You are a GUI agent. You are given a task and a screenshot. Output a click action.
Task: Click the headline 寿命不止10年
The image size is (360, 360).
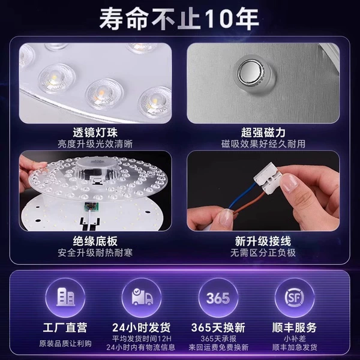coord(179,19)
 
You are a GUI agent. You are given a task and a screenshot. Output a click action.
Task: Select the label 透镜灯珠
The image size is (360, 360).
coord(95,132)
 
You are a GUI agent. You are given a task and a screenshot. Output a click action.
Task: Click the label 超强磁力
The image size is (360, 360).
coord(263,132)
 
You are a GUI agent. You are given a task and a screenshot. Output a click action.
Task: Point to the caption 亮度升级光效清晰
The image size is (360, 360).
coord(95,144)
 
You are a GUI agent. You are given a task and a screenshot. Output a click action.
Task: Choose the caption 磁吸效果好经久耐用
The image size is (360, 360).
coord(263,144)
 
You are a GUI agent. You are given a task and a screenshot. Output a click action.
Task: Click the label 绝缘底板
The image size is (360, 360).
coord(95,241)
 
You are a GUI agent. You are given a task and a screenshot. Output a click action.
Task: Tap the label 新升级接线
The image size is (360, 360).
coord(263,241)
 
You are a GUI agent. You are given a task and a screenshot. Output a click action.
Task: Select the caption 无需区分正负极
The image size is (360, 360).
coord(263,253)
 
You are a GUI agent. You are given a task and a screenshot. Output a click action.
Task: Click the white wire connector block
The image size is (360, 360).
coord(268,178)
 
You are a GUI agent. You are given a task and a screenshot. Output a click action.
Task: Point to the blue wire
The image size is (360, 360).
coord(243,196)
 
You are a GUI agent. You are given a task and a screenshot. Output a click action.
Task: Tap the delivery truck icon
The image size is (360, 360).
coord(142,297)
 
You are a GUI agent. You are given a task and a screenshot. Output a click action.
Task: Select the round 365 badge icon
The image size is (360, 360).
coord(218,298)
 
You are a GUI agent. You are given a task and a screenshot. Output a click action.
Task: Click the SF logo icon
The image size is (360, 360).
coord(295,298)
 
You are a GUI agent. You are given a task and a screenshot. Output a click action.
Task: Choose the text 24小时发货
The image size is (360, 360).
coord(142,328)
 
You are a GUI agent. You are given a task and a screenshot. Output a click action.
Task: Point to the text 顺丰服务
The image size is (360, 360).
coord(295,328)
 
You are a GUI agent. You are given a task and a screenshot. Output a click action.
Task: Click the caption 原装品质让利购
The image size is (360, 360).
coord(65,343)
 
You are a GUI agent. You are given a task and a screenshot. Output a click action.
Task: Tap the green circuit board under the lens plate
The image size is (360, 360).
coord(91,207)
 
